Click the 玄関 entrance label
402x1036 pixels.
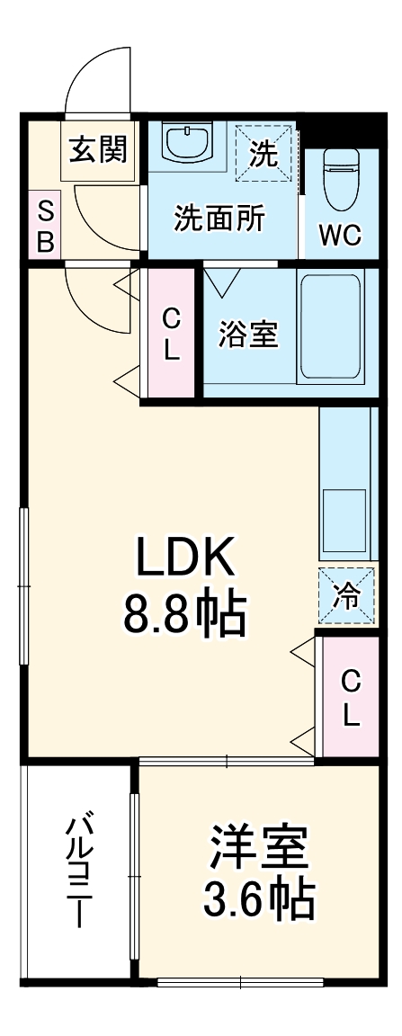point(98,151)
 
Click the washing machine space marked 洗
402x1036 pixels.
point(264,153)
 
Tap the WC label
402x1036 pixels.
point(341,236)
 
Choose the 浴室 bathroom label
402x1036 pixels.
point(248,335)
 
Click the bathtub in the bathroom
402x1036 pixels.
point(331,327)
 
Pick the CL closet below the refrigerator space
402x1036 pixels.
point(351,698)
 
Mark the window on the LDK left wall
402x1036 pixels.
point(23,585)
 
